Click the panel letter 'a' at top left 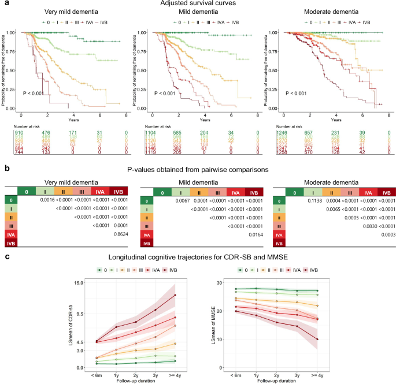point(4,5)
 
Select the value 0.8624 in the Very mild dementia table point(121,220)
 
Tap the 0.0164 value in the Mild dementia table point(251,220)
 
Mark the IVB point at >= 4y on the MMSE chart point(334,339)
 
